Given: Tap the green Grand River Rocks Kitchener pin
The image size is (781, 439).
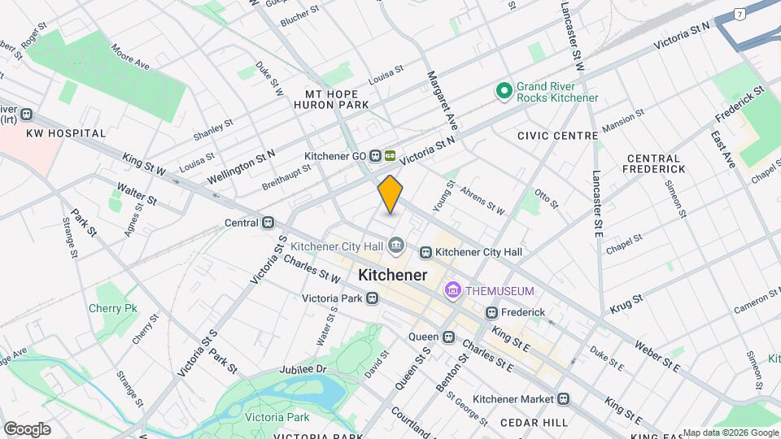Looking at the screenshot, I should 504,91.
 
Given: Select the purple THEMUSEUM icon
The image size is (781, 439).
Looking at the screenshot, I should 452,290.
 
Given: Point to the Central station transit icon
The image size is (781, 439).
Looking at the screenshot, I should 268,222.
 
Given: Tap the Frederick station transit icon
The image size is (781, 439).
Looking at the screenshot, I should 491,312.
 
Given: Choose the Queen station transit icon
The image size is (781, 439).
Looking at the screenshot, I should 448,337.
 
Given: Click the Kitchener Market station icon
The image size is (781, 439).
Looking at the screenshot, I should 563,398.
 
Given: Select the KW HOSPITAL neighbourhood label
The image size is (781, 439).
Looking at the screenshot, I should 66,133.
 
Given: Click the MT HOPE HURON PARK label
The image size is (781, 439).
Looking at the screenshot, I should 337,99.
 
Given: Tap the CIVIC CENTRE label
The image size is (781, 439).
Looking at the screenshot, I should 557,136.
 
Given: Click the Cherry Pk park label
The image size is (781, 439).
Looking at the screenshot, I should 113,308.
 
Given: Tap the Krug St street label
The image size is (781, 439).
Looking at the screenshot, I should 626,304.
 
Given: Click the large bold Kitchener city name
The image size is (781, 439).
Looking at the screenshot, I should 392,276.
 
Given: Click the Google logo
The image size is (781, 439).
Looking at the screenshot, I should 27,429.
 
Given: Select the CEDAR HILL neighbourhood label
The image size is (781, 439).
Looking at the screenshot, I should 534,423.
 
